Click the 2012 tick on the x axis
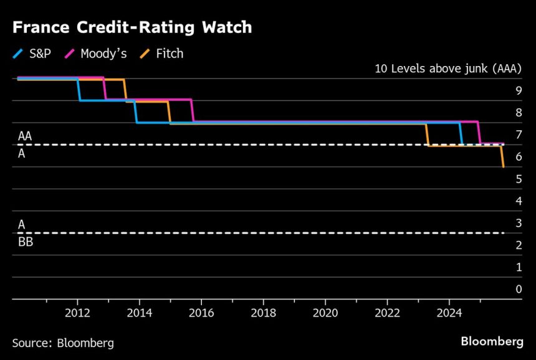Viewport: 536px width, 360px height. coord(77,311)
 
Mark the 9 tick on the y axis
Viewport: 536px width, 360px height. coord(518,90)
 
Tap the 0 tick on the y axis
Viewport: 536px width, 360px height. coord(518,289)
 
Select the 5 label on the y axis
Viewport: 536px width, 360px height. coord(518,179)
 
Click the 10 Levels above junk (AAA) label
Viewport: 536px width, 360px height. coord(447,69)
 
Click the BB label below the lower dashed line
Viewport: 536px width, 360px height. coord(25,243)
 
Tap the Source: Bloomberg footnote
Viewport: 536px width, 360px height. coord(62,343)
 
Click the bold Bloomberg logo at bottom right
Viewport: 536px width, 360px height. coord(492,341)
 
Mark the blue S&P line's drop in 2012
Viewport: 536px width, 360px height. coord(79,90)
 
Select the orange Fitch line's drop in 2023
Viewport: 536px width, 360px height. coord(427,135)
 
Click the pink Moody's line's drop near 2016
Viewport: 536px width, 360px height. coord(193,111)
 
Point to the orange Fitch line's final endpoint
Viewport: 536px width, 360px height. coord(504,166)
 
